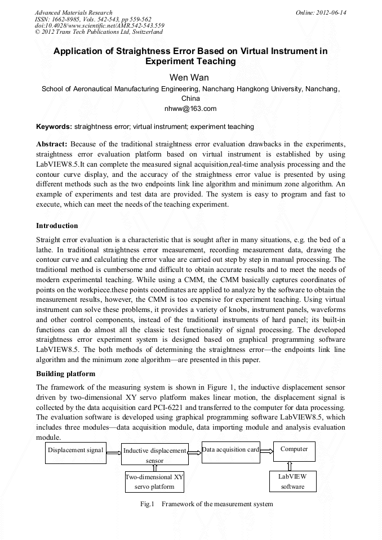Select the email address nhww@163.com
190,108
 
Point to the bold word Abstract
52,144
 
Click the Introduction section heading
57,226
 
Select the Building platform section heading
65,374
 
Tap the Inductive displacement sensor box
154,455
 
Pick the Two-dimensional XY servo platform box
154,482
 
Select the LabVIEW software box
292,481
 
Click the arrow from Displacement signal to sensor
114,452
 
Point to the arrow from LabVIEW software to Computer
290,466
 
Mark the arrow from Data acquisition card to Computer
266,450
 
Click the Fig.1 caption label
147,504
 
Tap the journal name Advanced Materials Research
74,12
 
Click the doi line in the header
100,26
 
